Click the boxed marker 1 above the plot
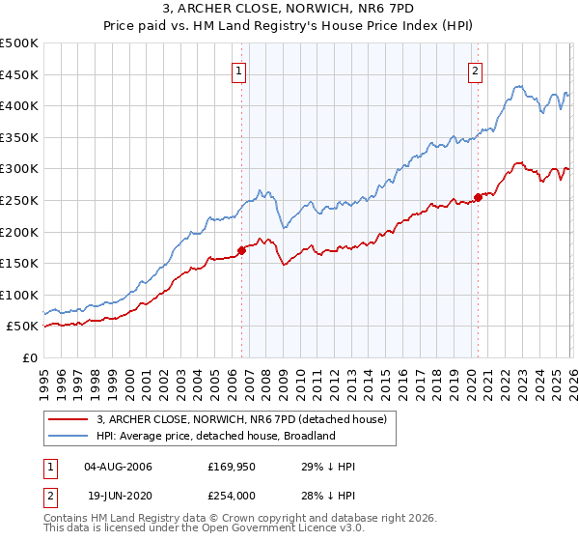click(238, 70)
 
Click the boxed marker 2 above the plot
click(476, 70)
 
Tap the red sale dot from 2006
click(241, 250)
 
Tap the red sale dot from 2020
click(479, 198)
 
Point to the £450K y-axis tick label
click(19, 74)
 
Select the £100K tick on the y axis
click(19, 295)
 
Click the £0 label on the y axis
click(29, 357)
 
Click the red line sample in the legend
click(69, 419)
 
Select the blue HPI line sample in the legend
click(69, 436)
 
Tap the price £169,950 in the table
click(232, 467)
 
